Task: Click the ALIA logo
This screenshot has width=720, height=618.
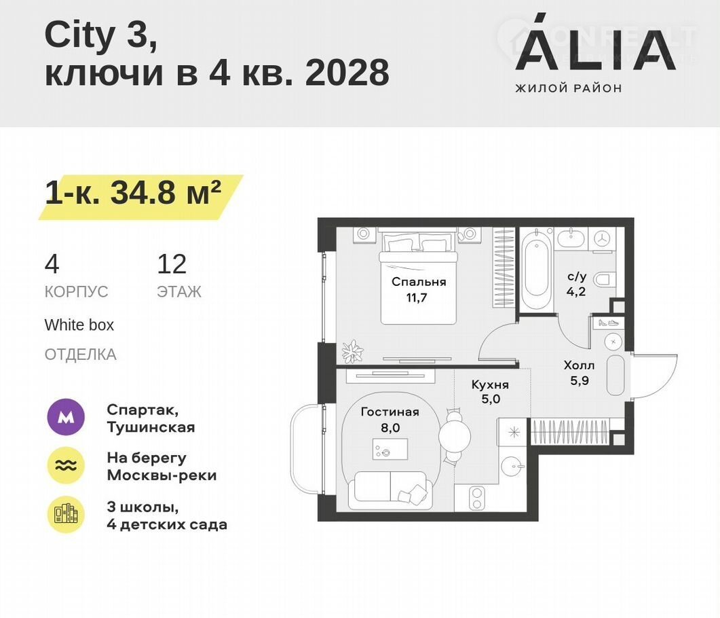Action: (595, 53)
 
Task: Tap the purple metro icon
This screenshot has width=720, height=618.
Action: (66, 417)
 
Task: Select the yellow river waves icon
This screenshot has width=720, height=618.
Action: (66, 465)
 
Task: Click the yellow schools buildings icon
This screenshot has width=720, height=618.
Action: (66, 515)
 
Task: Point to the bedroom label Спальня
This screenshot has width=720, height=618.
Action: (419, 282)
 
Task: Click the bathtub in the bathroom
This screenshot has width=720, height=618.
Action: (536, 270)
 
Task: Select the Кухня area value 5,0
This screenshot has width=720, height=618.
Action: (491, 399)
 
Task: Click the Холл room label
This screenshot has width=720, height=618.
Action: (579, 365)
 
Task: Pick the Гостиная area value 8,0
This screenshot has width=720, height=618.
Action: (390, 428)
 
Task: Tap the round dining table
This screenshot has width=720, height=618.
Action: (455, 436)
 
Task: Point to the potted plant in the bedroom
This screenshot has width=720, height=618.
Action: (353, 352)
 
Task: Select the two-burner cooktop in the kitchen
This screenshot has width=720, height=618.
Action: (477, 498)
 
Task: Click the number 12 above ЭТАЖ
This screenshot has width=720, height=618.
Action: (172, 264)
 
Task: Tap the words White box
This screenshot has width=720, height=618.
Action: (79, 325)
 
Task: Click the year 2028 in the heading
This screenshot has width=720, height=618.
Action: (347, 73)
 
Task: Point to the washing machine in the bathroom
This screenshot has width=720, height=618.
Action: (601, 239)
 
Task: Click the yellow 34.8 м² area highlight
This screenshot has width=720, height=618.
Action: (141, 197)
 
